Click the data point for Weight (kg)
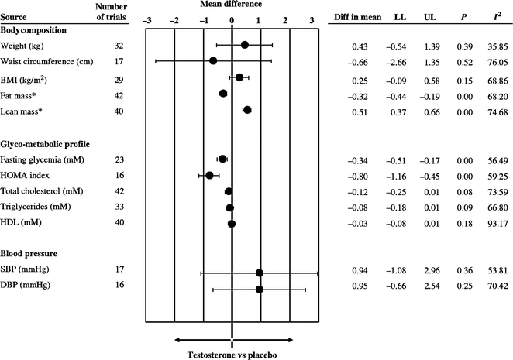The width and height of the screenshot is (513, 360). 245,45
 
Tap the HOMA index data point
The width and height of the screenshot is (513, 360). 209,175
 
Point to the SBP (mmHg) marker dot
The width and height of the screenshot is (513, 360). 260,273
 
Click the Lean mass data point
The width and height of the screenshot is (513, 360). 247,111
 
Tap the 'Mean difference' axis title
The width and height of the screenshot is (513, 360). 232,6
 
